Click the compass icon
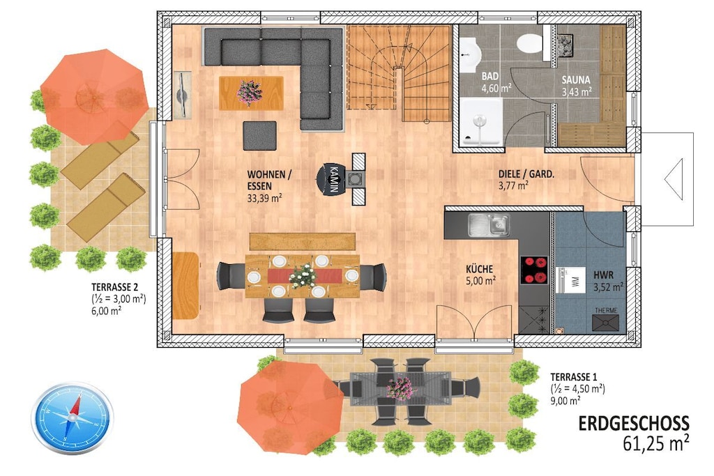(72, 417)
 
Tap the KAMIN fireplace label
(333, 179)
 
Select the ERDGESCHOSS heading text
(633, 423)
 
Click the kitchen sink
(489, 225)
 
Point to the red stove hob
(534, 270)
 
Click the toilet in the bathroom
(530, 43)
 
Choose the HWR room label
(603, 275)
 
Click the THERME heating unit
(606, 319)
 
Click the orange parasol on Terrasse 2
(95, 96)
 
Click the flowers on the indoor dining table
(303, 276)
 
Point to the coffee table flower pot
(250, 93)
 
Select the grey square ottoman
(259, 136)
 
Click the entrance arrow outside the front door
(674, 179)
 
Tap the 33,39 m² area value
(264, 198)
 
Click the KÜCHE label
(479, 269)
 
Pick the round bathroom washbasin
(469, 54)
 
